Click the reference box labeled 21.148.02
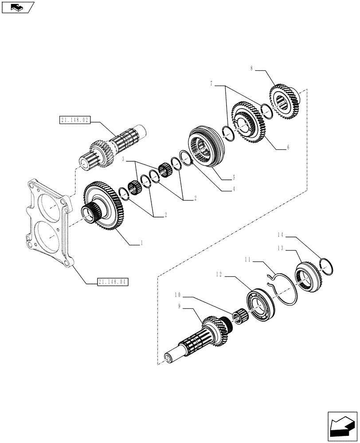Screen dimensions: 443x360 coord(74,120)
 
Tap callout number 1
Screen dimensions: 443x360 coord(141,243)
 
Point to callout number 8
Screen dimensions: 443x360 coord(252,69)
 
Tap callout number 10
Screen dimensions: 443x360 coord(177,294)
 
